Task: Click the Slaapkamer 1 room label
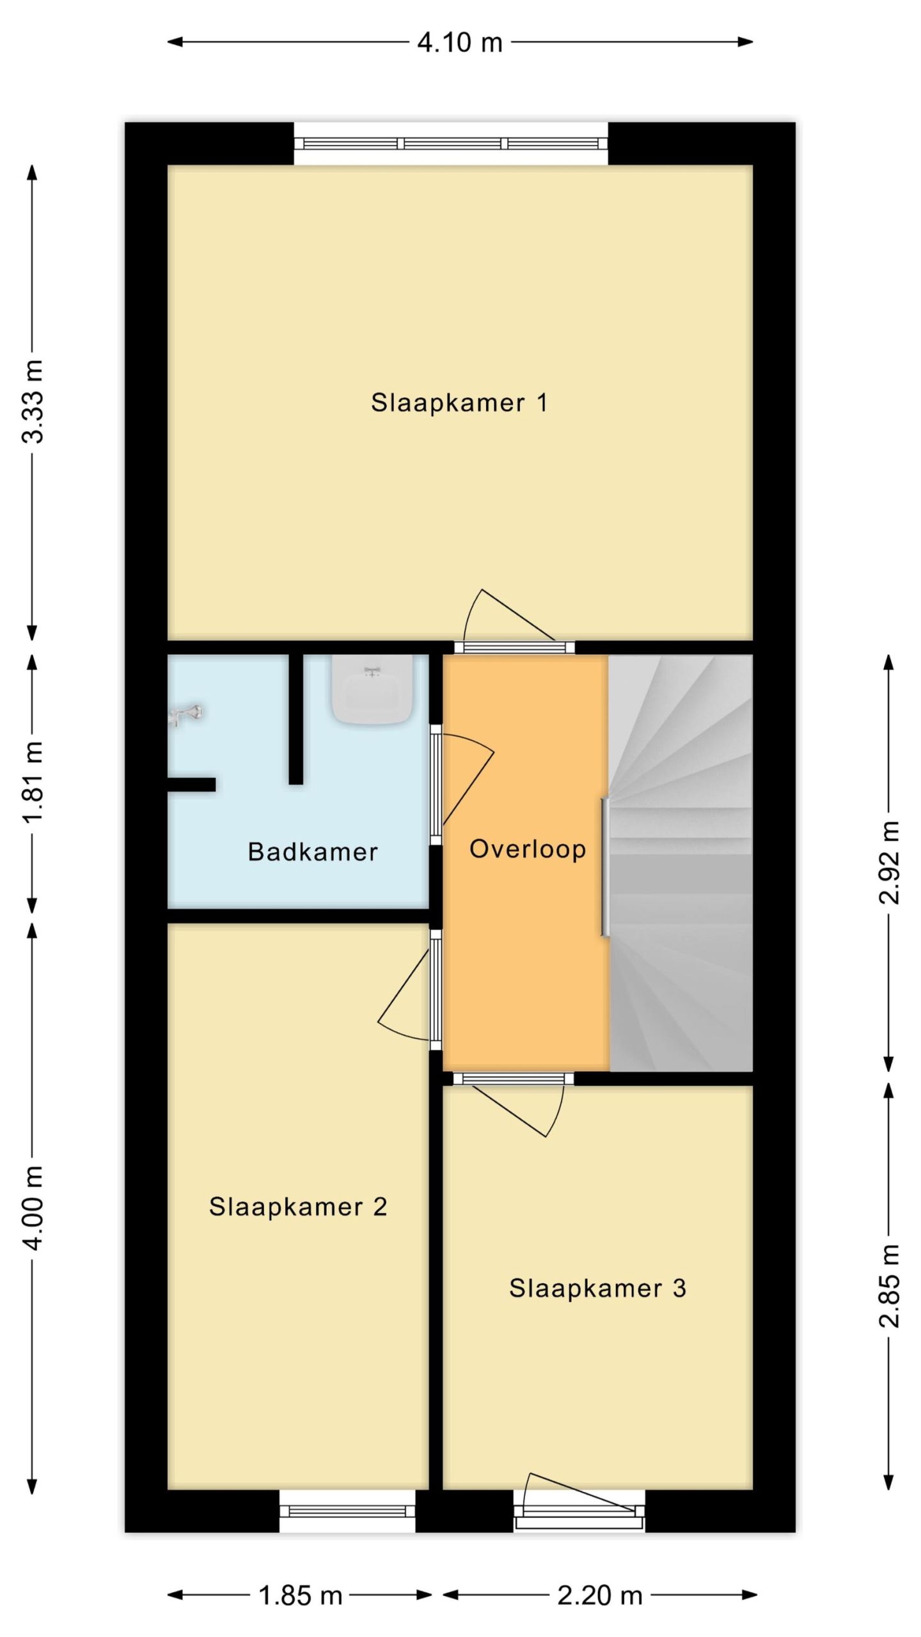click(x=459, y=403)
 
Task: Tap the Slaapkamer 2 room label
click(x=298, y=1207)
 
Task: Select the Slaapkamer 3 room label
click(x=597, y=1288)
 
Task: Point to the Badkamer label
click(x=313, y=852)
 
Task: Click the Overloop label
click(x=528, y=849)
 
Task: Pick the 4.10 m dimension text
click(x=460, y=43)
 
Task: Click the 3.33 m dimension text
click(x=33, y=402)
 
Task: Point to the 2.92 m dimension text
click(x=889, y=862)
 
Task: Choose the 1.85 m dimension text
click(x=301, y=1596)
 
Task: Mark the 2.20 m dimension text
click(x=600, y=1596)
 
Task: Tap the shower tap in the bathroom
click(x=185, y=715)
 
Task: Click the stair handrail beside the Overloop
click(x=604, y=867)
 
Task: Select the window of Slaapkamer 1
click(x=451, y=143)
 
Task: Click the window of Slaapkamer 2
click(x=347, y=1511)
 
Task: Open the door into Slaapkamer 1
click(x=514, y=646)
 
